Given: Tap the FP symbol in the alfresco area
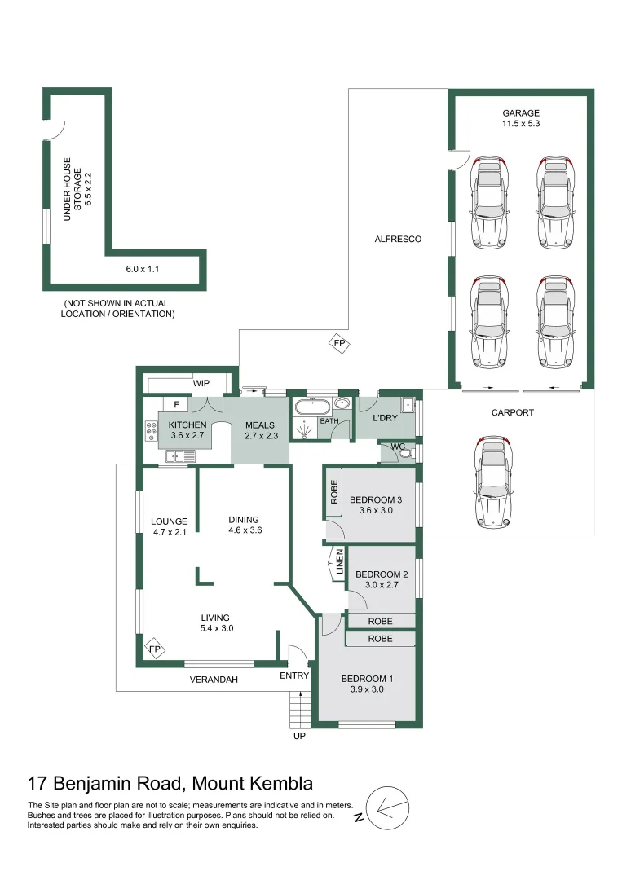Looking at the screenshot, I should coord(340,344).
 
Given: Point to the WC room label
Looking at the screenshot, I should coord(398,447).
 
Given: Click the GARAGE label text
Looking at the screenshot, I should coord(521,113).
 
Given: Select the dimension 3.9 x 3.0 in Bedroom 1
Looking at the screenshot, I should coord(362,689).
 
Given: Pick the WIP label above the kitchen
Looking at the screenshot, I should coord(201,383).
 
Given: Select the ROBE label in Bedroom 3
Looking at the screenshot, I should coord(334,491).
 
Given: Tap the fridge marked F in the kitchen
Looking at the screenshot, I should coord(176,403).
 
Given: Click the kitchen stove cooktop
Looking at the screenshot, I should coord(151,431).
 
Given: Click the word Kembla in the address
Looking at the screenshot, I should coord(279,784).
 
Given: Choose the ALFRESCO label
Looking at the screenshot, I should coord(397,240).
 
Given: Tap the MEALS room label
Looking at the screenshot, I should coord(260,425).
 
